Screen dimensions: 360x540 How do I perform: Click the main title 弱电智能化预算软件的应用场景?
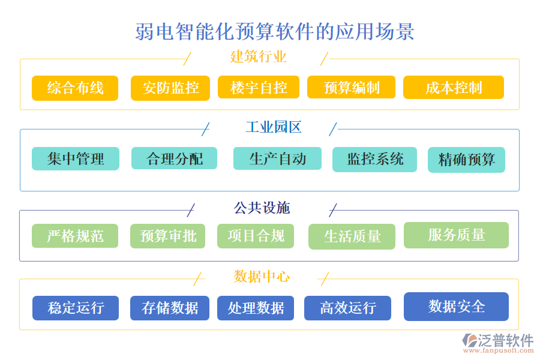point(275,32)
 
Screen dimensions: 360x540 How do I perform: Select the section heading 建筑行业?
point(258,57)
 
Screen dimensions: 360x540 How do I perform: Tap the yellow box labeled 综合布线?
point(75,88)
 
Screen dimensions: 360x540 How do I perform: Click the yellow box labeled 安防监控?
point(170,88)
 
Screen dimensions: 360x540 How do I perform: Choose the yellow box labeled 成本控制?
point(453,88)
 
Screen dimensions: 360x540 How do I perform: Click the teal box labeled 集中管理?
point(76,159)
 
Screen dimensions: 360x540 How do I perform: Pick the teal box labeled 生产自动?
point(277,159)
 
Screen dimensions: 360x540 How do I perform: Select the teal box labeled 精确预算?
point(466,160)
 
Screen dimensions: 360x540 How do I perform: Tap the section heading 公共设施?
point(262,208)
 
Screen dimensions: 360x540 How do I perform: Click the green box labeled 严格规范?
point(75,236)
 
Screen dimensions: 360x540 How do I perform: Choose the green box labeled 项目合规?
point(256,236)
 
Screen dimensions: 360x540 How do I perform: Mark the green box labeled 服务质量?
point(456,235)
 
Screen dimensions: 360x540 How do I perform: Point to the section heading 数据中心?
point(262,277)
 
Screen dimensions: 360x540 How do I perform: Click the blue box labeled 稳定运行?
point(76,308)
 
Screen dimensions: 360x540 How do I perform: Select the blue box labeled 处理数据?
point(256,308)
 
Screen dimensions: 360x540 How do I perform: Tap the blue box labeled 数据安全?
point(456,307)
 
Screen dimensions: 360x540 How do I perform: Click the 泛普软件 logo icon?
point(469,341)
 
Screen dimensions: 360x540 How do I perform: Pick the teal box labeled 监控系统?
point(374,159)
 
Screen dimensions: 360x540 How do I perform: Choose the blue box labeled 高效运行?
point(347,308)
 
